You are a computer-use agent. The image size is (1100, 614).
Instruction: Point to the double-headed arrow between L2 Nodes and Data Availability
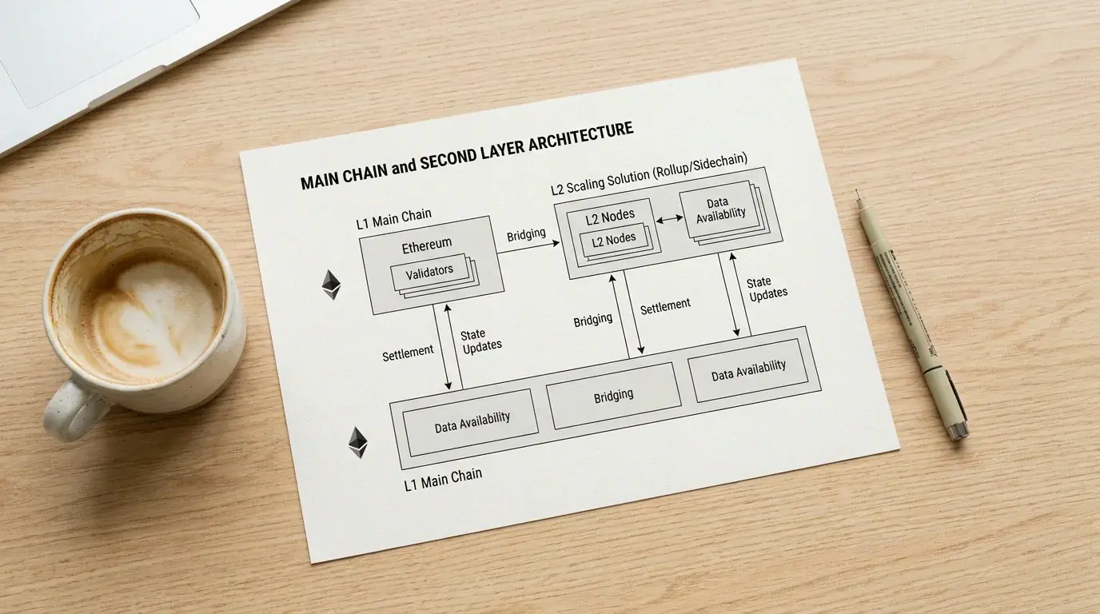point(669,220)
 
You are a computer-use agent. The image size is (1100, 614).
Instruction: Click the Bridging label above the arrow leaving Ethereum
point(526,235)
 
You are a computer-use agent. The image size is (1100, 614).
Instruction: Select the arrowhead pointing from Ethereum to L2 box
point(556,243)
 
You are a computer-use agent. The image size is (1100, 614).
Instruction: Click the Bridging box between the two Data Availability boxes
point(613,396)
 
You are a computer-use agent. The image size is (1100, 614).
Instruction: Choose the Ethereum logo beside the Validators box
point(331,285)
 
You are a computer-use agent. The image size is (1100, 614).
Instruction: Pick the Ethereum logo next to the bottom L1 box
point(358,443)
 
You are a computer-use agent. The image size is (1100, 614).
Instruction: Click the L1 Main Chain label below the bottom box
point(443,480)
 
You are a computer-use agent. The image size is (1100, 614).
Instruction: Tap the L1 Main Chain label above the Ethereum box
point(394,218)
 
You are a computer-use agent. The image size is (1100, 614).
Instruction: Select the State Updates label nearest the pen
point(767,289)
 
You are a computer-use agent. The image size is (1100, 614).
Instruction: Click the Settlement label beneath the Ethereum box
point(408,353)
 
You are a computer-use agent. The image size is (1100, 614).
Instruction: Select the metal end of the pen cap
point(958,433)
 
